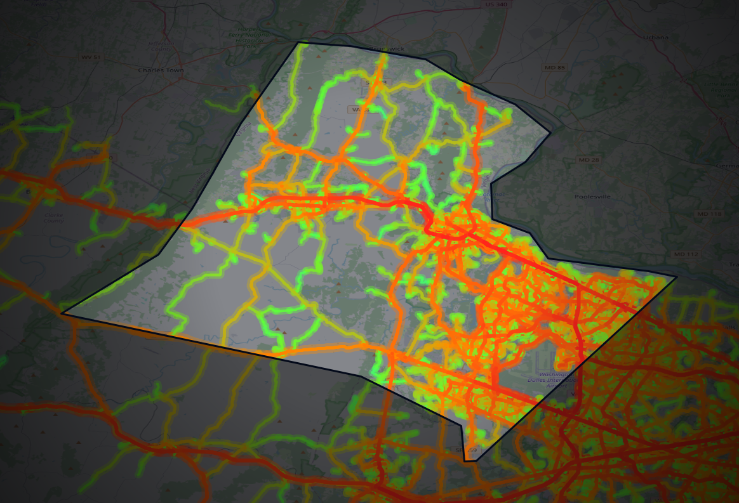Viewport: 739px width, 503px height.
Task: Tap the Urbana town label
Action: coord(655,37)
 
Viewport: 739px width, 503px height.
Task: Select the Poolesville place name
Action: coord(592,197)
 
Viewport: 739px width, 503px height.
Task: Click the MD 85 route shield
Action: coord(554,67)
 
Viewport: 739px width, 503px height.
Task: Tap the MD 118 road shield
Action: coord(709,214)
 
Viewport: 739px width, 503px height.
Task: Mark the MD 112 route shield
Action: coord(685,254)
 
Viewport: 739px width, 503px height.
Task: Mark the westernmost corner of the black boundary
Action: coord(62,313)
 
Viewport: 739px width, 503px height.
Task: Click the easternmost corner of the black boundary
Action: coord(677,277)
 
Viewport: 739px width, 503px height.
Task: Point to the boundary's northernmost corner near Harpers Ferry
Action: coord(298,42)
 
